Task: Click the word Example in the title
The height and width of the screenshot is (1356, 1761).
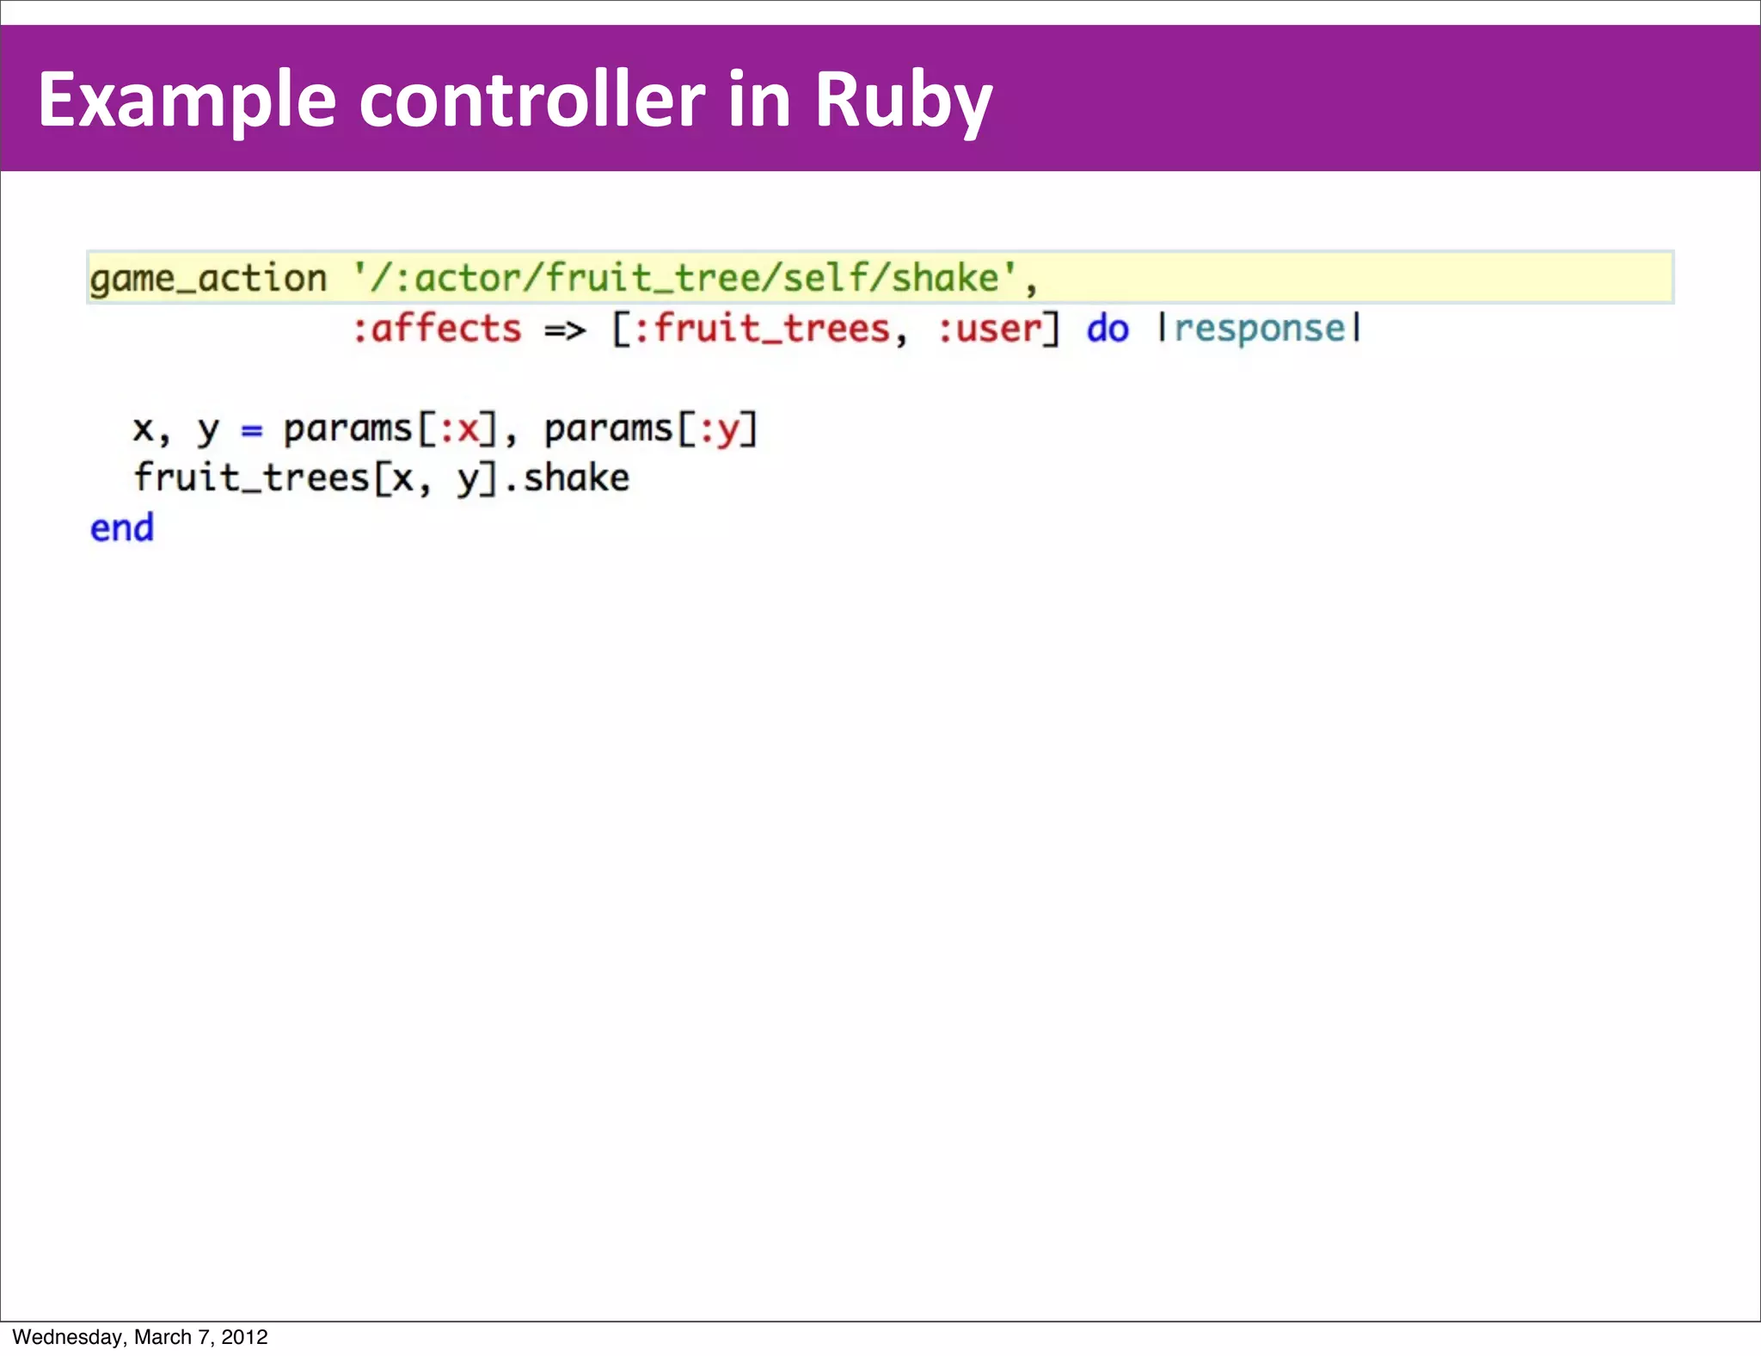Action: click(x=187, y=102)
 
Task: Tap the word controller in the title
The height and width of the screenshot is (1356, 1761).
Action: click(x=531, y=100)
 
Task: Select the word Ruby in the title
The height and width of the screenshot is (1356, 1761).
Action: click(x=903, y=102)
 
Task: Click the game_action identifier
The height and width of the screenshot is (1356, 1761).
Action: click(x=208, y=279)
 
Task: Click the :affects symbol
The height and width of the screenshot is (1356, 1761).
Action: click(x=437, y=329)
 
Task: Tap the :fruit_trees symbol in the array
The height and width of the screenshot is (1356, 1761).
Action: click(x=761, y=329)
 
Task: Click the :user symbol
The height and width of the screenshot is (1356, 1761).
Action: click(x=990, y=329)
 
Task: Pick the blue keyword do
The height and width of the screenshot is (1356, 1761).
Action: click(x=1108, y=329)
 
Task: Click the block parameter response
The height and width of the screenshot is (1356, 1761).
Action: click(x=1260, y=329)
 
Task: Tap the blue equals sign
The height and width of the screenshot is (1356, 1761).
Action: click(x=251, y=429)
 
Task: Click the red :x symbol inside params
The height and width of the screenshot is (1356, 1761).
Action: click(x=459, y=428)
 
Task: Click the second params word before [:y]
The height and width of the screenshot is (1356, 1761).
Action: click(x=609, y=428)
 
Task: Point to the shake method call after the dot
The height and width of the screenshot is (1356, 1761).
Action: click(x=576, y=478)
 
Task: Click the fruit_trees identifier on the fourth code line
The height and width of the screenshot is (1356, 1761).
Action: click(x=251, y=478)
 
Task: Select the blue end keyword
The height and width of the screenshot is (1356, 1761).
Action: click(x=122, y=528)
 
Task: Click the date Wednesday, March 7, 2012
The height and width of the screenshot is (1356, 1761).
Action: click(x=140, y=1336)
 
